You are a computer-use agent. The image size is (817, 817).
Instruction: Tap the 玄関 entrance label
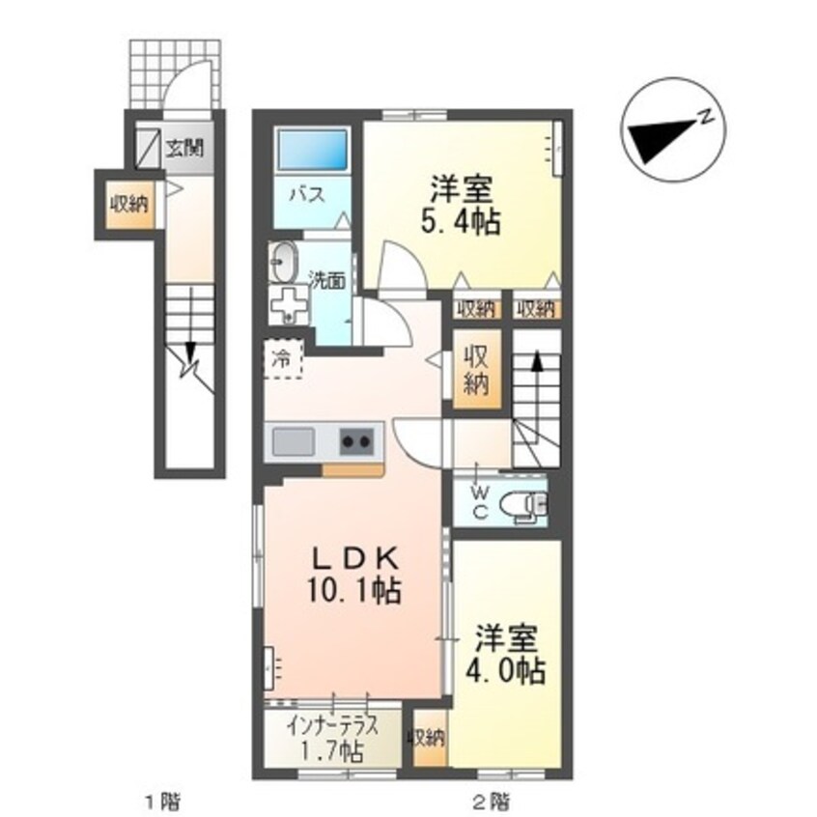click(183, 149)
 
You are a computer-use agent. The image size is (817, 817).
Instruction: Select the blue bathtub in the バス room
click(312, 152)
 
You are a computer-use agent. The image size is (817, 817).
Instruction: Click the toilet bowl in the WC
click(527, 503)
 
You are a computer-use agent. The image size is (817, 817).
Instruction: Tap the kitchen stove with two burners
click(356, 443)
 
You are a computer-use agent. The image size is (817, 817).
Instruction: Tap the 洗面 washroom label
click(326, 281)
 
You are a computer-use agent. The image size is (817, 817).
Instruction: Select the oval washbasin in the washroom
click(284, 261)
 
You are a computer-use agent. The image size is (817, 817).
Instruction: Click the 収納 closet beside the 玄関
click(127, 204)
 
